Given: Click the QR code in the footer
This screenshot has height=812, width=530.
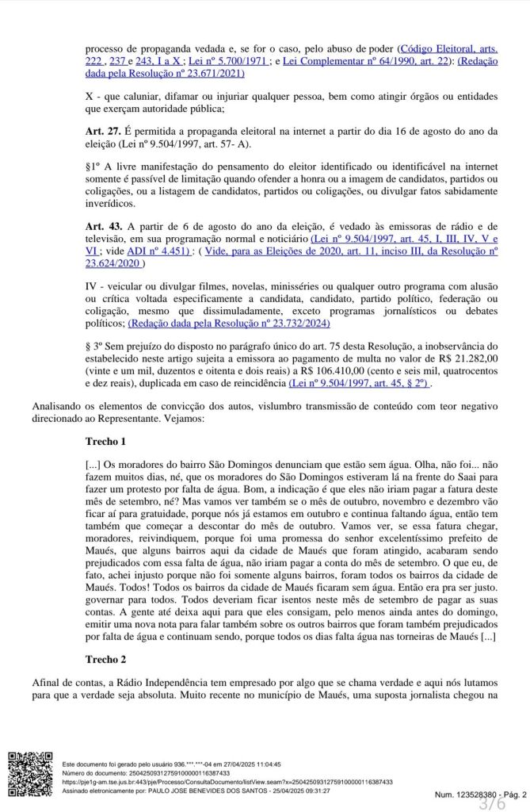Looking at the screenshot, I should point(30,774).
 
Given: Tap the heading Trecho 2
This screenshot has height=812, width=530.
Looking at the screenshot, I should point(105,659).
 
